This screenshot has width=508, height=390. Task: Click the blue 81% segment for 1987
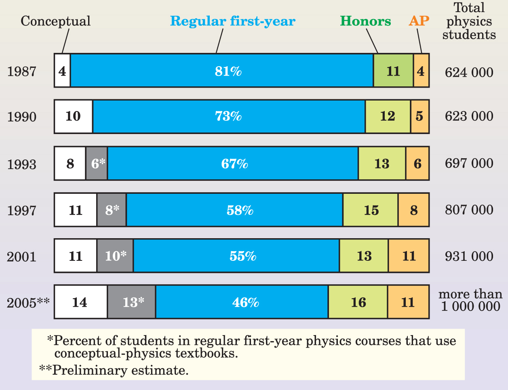221,71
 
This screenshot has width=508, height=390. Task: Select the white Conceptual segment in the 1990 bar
74,117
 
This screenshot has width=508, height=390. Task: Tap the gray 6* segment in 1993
97,164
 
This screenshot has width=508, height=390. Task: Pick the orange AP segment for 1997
413,210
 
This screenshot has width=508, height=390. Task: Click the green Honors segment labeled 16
358,302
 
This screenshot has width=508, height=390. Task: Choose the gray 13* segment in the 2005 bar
132,302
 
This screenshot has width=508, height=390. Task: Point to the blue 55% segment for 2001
236,256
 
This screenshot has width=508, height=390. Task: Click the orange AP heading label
419,21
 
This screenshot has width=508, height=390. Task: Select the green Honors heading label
365,21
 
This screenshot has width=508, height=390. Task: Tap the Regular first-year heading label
232,21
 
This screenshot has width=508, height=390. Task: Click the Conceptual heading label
55,21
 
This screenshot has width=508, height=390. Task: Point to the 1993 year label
22,164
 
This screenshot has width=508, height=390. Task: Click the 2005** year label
28,303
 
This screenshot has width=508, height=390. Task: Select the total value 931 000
469,256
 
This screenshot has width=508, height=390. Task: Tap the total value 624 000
469,72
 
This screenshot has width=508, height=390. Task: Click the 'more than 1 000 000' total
470,300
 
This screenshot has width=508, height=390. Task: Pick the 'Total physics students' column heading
469,21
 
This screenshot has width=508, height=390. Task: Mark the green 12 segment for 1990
388,117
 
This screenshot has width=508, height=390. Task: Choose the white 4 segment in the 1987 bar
62,71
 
